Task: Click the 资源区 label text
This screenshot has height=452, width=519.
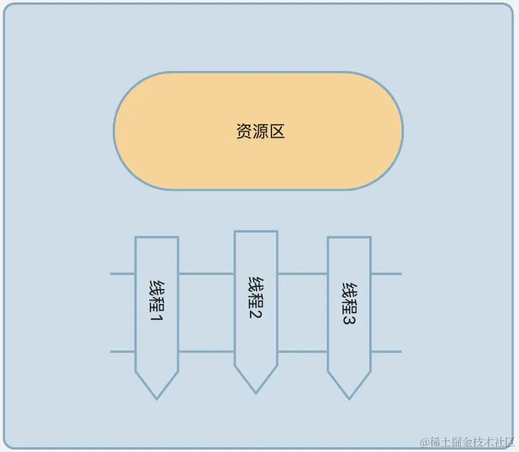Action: click(260, 131)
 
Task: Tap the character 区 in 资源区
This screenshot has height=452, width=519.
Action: click(277, 131)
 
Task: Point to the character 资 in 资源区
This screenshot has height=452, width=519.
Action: click(244, 131)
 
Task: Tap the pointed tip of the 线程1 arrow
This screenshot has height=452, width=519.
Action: click(157, 398)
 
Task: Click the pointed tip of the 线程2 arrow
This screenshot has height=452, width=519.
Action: click(256, 392)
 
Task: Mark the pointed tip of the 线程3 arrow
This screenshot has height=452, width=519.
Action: click(349, 398)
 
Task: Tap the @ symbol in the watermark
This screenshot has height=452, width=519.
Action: click(424, 442)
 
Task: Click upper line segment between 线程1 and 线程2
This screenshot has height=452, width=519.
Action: click(206, 274)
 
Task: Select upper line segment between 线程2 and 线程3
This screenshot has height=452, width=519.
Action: click(302, 274)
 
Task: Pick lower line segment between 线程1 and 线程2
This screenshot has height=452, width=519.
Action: click(206, 351)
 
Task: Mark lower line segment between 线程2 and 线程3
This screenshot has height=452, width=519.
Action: click(302, 351)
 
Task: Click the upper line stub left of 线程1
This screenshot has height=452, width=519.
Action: click(122, 274)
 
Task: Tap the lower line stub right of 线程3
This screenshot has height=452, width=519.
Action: click(386, 351)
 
